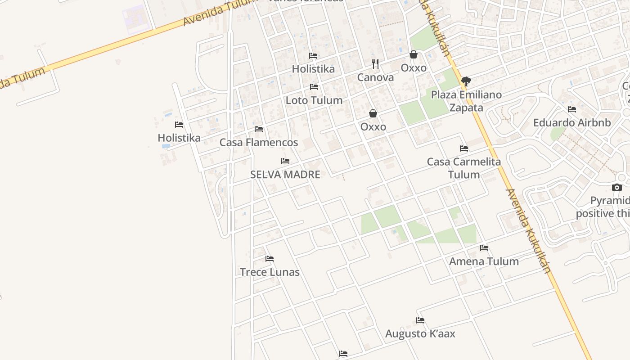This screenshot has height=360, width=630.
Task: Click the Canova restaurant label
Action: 375,77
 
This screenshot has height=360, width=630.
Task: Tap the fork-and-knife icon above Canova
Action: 375,64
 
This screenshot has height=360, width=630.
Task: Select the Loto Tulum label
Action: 314,100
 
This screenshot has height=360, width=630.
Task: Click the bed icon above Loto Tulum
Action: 314,87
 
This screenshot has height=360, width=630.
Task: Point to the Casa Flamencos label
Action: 259,143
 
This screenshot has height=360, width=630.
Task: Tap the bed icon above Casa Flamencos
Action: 259,129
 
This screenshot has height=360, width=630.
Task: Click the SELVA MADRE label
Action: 285,175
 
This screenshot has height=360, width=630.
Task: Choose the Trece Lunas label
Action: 270,272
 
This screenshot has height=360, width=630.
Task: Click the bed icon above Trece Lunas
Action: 270,259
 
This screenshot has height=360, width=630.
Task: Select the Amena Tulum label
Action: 484,261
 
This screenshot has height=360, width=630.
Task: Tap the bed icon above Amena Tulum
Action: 484,248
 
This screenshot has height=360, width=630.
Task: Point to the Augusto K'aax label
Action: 420,334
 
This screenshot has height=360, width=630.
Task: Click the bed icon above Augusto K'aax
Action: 420,320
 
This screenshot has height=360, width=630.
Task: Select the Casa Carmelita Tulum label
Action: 463,168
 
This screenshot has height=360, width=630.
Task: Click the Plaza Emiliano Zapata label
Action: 466,101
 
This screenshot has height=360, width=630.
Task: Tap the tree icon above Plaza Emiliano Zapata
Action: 466,81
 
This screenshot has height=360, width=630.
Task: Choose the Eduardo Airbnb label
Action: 572,123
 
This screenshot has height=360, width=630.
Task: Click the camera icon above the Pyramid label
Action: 617,188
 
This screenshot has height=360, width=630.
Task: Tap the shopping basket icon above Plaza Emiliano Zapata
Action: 414,55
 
